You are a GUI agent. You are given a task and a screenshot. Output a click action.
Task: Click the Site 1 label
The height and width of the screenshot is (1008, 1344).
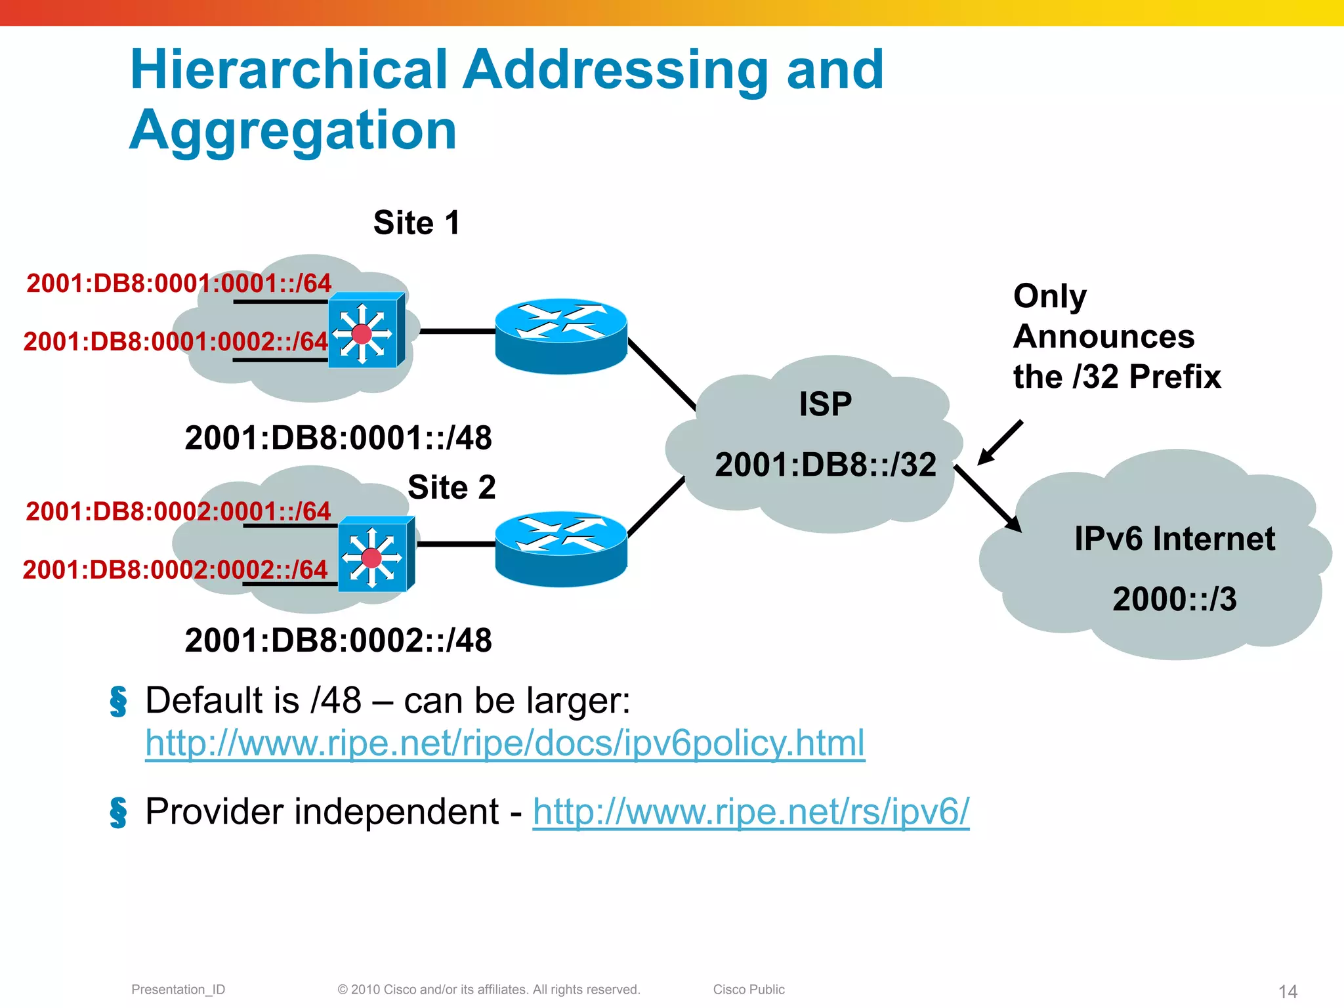point(417,223)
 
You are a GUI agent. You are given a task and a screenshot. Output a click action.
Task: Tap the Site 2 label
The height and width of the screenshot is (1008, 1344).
point(451,488)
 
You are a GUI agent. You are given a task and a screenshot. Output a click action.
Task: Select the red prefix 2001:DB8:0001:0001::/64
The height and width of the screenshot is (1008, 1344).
point(178,283)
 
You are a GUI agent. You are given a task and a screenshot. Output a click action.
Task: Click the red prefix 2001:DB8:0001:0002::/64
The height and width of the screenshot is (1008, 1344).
point(175,342)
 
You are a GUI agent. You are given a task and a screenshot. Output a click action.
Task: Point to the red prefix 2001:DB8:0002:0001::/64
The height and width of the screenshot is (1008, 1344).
point(178,511)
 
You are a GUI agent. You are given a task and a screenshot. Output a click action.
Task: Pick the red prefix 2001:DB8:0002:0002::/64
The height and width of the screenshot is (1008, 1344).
point(175,570)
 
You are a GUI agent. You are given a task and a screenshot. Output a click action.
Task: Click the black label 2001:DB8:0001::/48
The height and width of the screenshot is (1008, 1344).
point(338,438)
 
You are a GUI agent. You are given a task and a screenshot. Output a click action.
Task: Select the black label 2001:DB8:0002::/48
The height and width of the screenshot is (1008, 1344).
point(338,640)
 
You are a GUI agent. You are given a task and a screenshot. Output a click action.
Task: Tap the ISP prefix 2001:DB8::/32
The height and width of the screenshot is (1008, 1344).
point(826,465)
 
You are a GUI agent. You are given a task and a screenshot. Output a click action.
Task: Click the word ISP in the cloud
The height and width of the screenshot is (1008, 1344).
point(826,404)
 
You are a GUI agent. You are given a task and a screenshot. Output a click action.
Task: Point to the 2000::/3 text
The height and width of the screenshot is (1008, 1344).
point(1174,599)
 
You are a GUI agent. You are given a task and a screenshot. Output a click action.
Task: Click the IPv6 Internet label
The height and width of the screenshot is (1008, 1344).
point(1174,539)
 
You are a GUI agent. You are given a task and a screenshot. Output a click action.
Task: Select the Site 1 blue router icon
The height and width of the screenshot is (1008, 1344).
point(561,336)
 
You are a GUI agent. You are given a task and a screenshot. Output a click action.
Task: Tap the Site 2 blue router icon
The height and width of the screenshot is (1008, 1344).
point(561,549)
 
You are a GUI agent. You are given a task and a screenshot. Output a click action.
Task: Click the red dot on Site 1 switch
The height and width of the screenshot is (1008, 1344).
point(362,334)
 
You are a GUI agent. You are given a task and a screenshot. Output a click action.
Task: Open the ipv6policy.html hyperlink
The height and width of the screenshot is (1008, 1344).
point(505,744)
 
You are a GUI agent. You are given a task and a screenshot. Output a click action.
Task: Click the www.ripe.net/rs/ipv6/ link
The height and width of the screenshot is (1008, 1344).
point(751,812)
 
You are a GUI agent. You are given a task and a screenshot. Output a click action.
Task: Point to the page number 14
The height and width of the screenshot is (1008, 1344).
point(1288,991)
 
